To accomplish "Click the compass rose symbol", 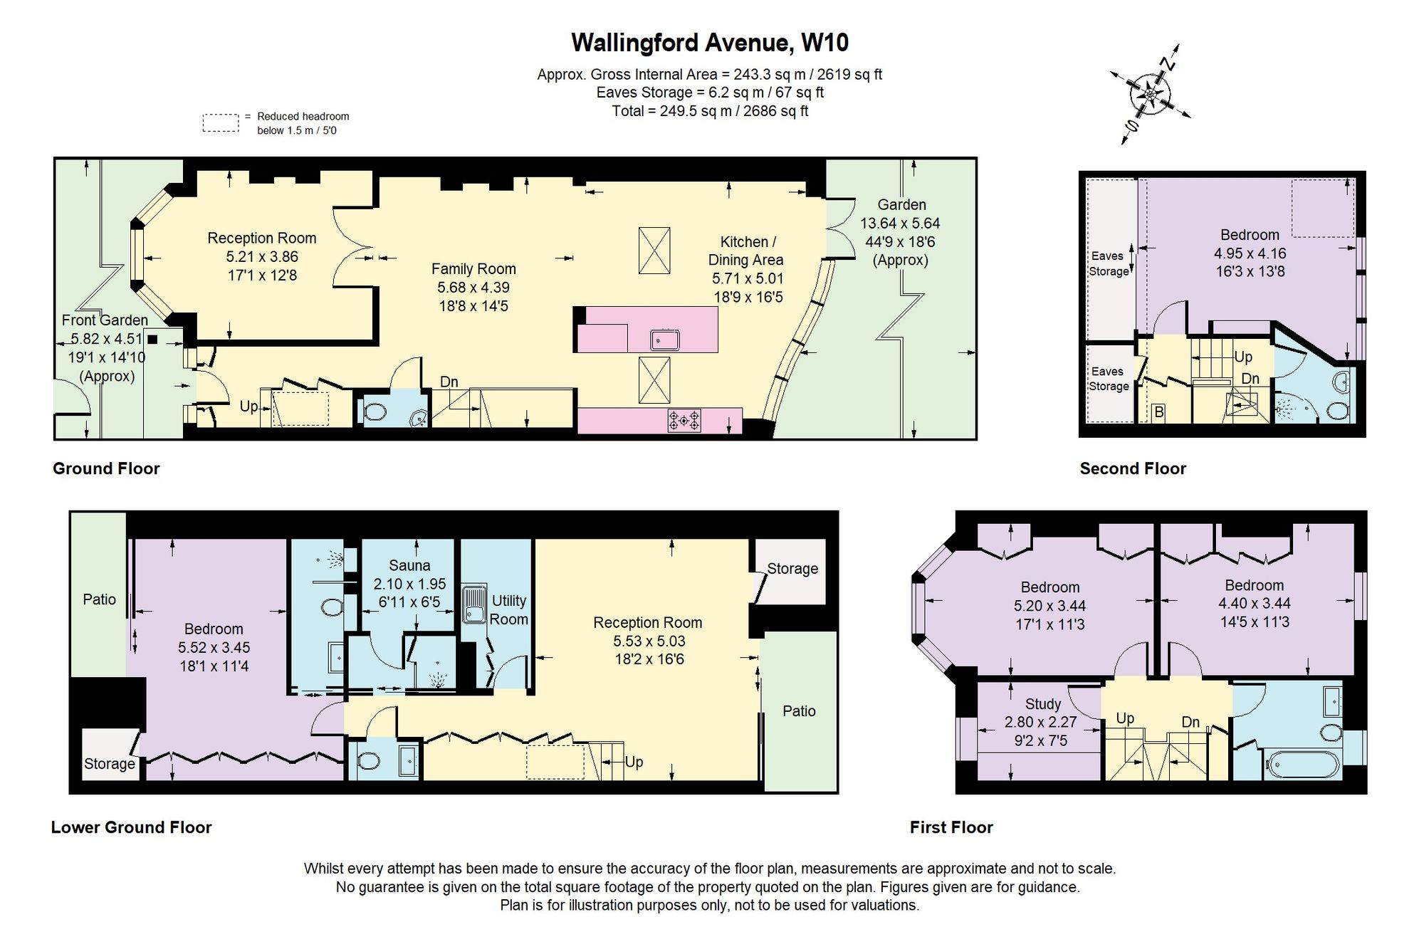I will point(1150,94).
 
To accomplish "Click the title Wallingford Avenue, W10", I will point(709,43).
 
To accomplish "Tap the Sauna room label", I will point(409,565).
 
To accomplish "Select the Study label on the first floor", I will point(1043,704).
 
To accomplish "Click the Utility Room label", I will point(508,610).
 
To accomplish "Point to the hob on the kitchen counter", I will point(684,420).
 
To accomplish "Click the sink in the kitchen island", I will point(664,340).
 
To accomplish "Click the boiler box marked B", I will point(1158,411).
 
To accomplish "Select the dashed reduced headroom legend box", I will point(221,123).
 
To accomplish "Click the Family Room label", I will point(473,269).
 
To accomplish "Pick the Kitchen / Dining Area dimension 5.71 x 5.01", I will point(748,278).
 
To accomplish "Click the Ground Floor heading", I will point(106,468).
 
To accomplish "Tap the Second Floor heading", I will point(1133,468).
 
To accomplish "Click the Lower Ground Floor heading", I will point(131,827).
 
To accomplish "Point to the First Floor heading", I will point(951,827).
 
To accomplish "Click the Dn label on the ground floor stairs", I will point(449,382).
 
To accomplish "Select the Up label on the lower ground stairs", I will point(634,762).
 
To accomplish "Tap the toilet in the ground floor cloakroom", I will point(375,411).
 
